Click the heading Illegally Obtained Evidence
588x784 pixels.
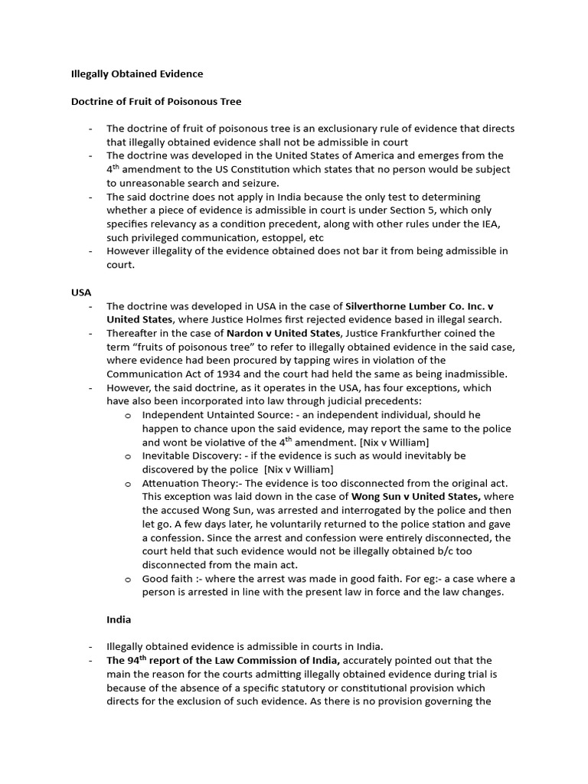tap(137, 73)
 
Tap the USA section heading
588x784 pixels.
tap(80, 292)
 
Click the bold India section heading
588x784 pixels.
tap(119, 619)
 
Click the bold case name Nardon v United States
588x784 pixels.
tap(283, 333)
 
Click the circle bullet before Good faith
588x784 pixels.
tap(128, 578)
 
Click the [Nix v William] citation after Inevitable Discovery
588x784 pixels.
tap(289, 469)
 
